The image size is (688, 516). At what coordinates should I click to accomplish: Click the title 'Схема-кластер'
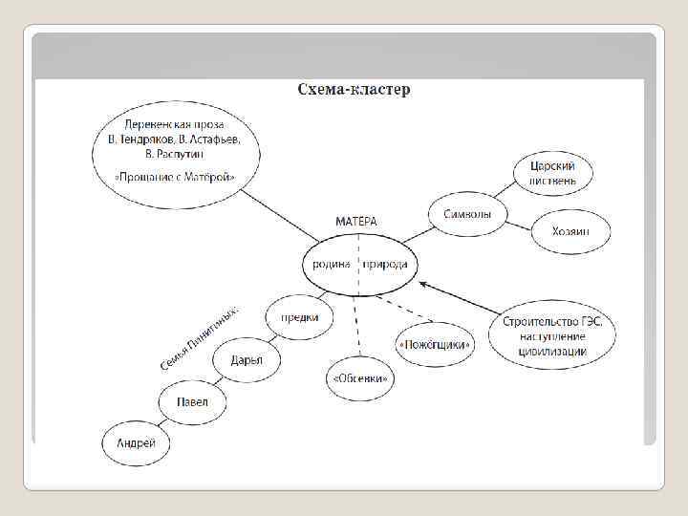pos(354,90)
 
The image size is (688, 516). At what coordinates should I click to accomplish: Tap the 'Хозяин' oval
pos(570,231)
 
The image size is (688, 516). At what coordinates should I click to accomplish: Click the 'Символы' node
pos(467,214)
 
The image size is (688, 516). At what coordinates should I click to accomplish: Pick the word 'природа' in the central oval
pos(385,265)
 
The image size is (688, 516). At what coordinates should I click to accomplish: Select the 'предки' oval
pos(299,317)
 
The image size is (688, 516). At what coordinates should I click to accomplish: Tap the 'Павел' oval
pos(191,402)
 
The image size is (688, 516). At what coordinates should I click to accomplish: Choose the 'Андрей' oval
pos(136,443)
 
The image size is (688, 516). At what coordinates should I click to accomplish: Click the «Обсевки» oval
pos(361,378)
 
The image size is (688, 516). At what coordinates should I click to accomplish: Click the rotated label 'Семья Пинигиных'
pos(200,339)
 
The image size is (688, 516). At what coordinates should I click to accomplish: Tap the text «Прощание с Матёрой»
pos(175,178)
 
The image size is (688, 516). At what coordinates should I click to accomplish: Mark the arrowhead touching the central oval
pos(423,283)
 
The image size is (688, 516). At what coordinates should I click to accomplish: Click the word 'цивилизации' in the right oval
pos(553,352)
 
